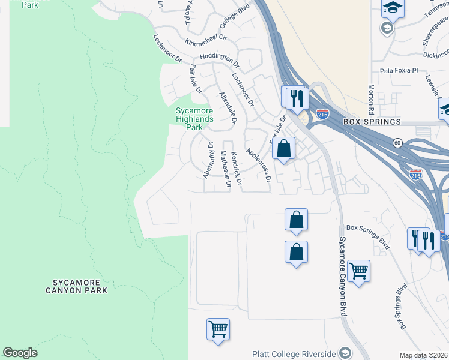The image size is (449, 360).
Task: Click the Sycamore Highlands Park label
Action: [194, 119]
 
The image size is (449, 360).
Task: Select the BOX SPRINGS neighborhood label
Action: [372, 122]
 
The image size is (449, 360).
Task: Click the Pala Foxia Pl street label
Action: [398, 70]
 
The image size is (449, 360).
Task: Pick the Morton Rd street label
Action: [372, 100]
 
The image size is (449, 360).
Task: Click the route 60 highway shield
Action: [397, 142]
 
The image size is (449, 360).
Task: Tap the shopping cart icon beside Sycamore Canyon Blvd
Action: [358, 271]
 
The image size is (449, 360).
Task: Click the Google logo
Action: [20, 353]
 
